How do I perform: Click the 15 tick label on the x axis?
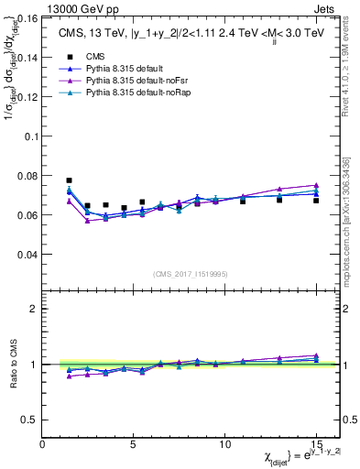point(316,443)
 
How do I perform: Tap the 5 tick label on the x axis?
point(134,443)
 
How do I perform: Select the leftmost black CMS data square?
point(70,180)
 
